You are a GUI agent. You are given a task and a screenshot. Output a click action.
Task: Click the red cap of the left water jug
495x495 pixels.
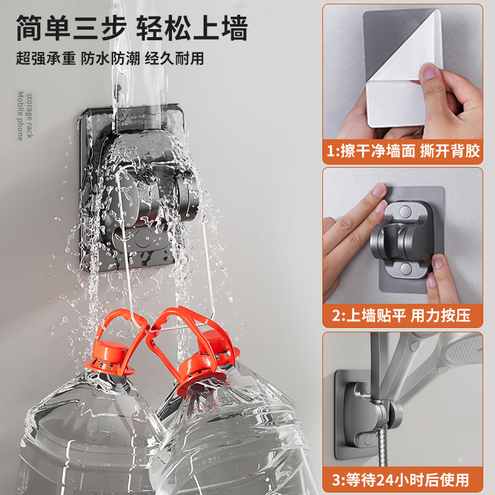(x=111, y=353)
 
